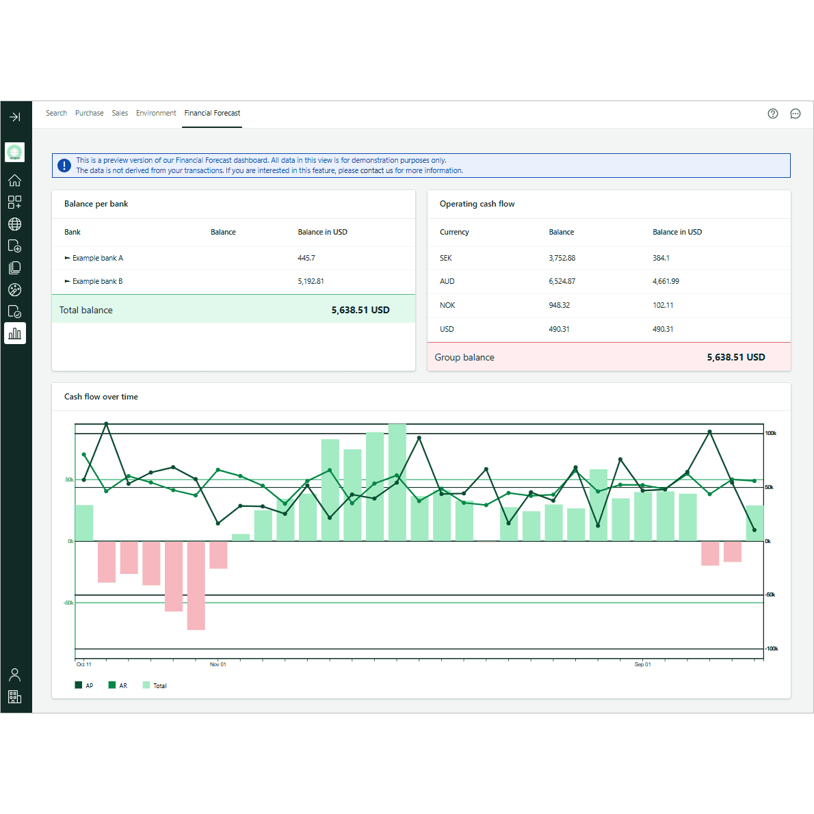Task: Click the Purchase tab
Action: click(89, 114)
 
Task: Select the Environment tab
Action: click(156, 114)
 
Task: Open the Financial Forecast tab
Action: click(212, 114)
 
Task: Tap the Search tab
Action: click(56, 114)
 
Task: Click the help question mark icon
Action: click(773, 114)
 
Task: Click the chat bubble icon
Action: click(796, 114)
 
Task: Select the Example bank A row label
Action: click(97, 259)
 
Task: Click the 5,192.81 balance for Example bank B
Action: click(311, 282)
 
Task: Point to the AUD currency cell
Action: click(447, 282)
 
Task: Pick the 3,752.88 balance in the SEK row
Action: click(562, 259)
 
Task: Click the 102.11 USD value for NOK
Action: click(663, 306)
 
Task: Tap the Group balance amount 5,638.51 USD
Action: click(735, 358)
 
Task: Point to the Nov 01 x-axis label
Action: click(218, 664)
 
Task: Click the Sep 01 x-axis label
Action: click(642, 664)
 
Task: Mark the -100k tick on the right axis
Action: click(772, 648)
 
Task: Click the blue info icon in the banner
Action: click(64, 166)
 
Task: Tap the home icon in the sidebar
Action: click(14, 181)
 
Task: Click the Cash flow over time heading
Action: click(101, 397)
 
